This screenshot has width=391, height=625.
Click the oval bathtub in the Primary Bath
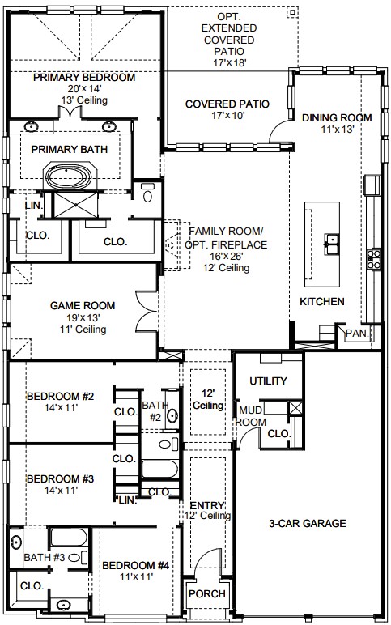click(x=68, y=176)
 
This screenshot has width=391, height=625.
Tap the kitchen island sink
click(x=332, y=244)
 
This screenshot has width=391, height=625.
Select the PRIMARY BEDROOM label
click(x=84, y=78)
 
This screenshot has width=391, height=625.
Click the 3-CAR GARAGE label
click(x=308, y=523)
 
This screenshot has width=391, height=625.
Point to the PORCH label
click(x=207, y=594)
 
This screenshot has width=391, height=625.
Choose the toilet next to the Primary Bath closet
click(x=147, y=193)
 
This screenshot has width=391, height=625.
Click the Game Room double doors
click(x=146, y=311)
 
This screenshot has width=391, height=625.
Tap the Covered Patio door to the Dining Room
click(x=280, y=131)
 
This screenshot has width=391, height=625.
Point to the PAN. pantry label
click(x=358, y=334)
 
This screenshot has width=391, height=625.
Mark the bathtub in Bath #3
click(x=69, y=538)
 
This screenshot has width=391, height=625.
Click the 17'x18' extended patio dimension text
click(x=230, y=62)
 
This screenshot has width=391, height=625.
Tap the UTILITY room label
click(x=268, y=381)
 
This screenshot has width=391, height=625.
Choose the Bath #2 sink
click(x=172, y=416)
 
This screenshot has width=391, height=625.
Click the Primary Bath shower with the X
click(x=76, y=205)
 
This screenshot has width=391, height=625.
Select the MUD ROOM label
click(x=251, y=416)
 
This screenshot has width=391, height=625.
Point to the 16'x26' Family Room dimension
click(x=227, y=256)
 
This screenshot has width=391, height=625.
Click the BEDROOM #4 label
click(x=135, y=566)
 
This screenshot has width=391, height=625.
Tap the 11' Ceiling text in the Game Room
click(x=83, y=330)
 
